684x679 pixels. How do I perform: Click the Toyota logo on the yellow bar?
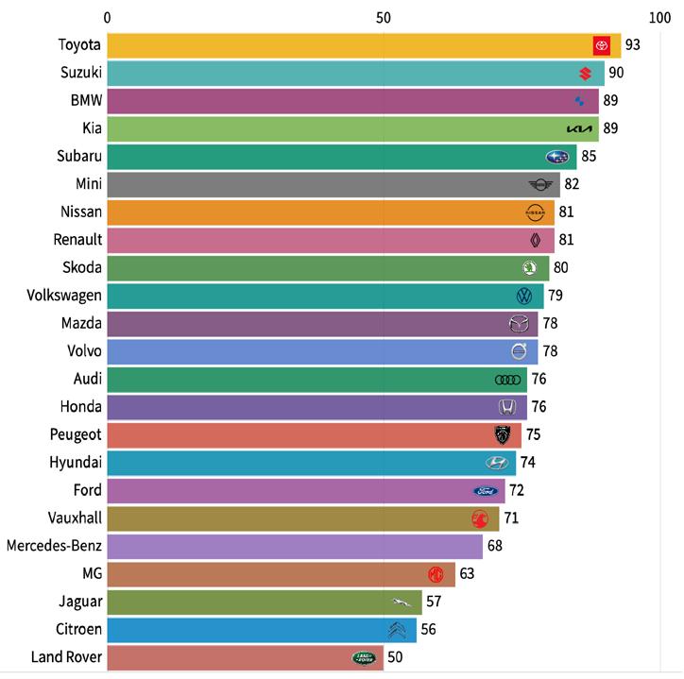(602, 45)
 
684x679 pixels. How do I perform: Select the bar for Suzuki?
(356, 74)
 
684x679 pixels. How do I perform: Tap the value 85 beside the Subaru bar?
(589, 156)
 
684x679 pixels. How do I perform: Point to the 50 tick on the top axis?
(384, 18)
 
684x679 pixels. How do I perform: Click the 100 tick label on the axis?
(659, 18)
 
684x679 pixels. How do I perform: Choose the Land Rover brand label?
(66, 656)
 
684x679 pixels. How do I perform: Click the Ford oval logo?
(486, 491)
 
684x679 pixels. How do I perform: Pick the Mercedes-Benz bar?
(295, 547)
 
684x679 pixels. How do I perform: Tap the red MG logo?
(436, 574)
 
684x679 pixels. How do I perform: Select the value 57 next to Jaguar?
(434, 602)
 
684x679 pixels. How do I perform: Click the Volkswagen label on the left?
(64, 296)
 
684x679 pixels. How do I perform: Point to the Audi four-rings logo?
(507, 380)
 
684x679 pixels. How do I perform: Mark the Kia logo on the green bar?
(579, 128)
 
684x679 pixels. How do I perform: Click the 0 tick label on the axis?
(108, 18)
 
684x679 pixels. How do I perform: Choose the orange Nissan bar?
(331, 212)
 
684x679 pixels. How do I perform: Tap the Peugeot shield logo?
(503, 434)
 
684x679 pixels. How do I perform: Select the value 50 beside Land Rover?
(395, 657)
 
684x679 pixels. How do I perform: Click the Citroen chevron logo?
(397, 630)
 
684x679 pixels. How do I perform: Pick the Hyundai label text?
(76, 463)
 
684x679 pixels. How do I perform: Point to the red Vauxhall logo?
(480, 518)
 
